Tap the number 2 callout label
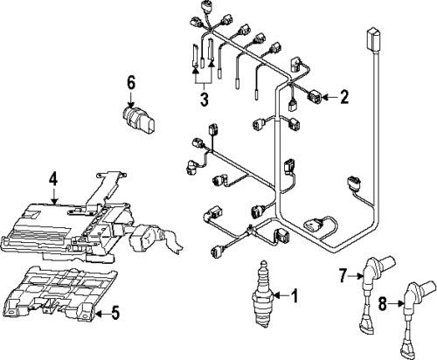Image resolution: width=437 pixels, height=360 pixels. [344, 96]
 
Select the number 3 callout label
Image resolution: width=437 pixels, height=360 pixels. [203, 100]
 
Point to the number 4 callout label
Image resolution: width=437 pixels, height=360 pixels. [53, 180]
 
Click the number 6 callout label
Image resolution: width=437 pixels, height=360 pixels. [131, 83]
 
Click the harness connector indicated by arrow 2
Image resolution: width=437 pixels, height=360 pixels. [312, 96]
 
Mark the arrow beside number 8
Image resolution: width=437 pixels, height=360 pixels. [395, 305]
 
